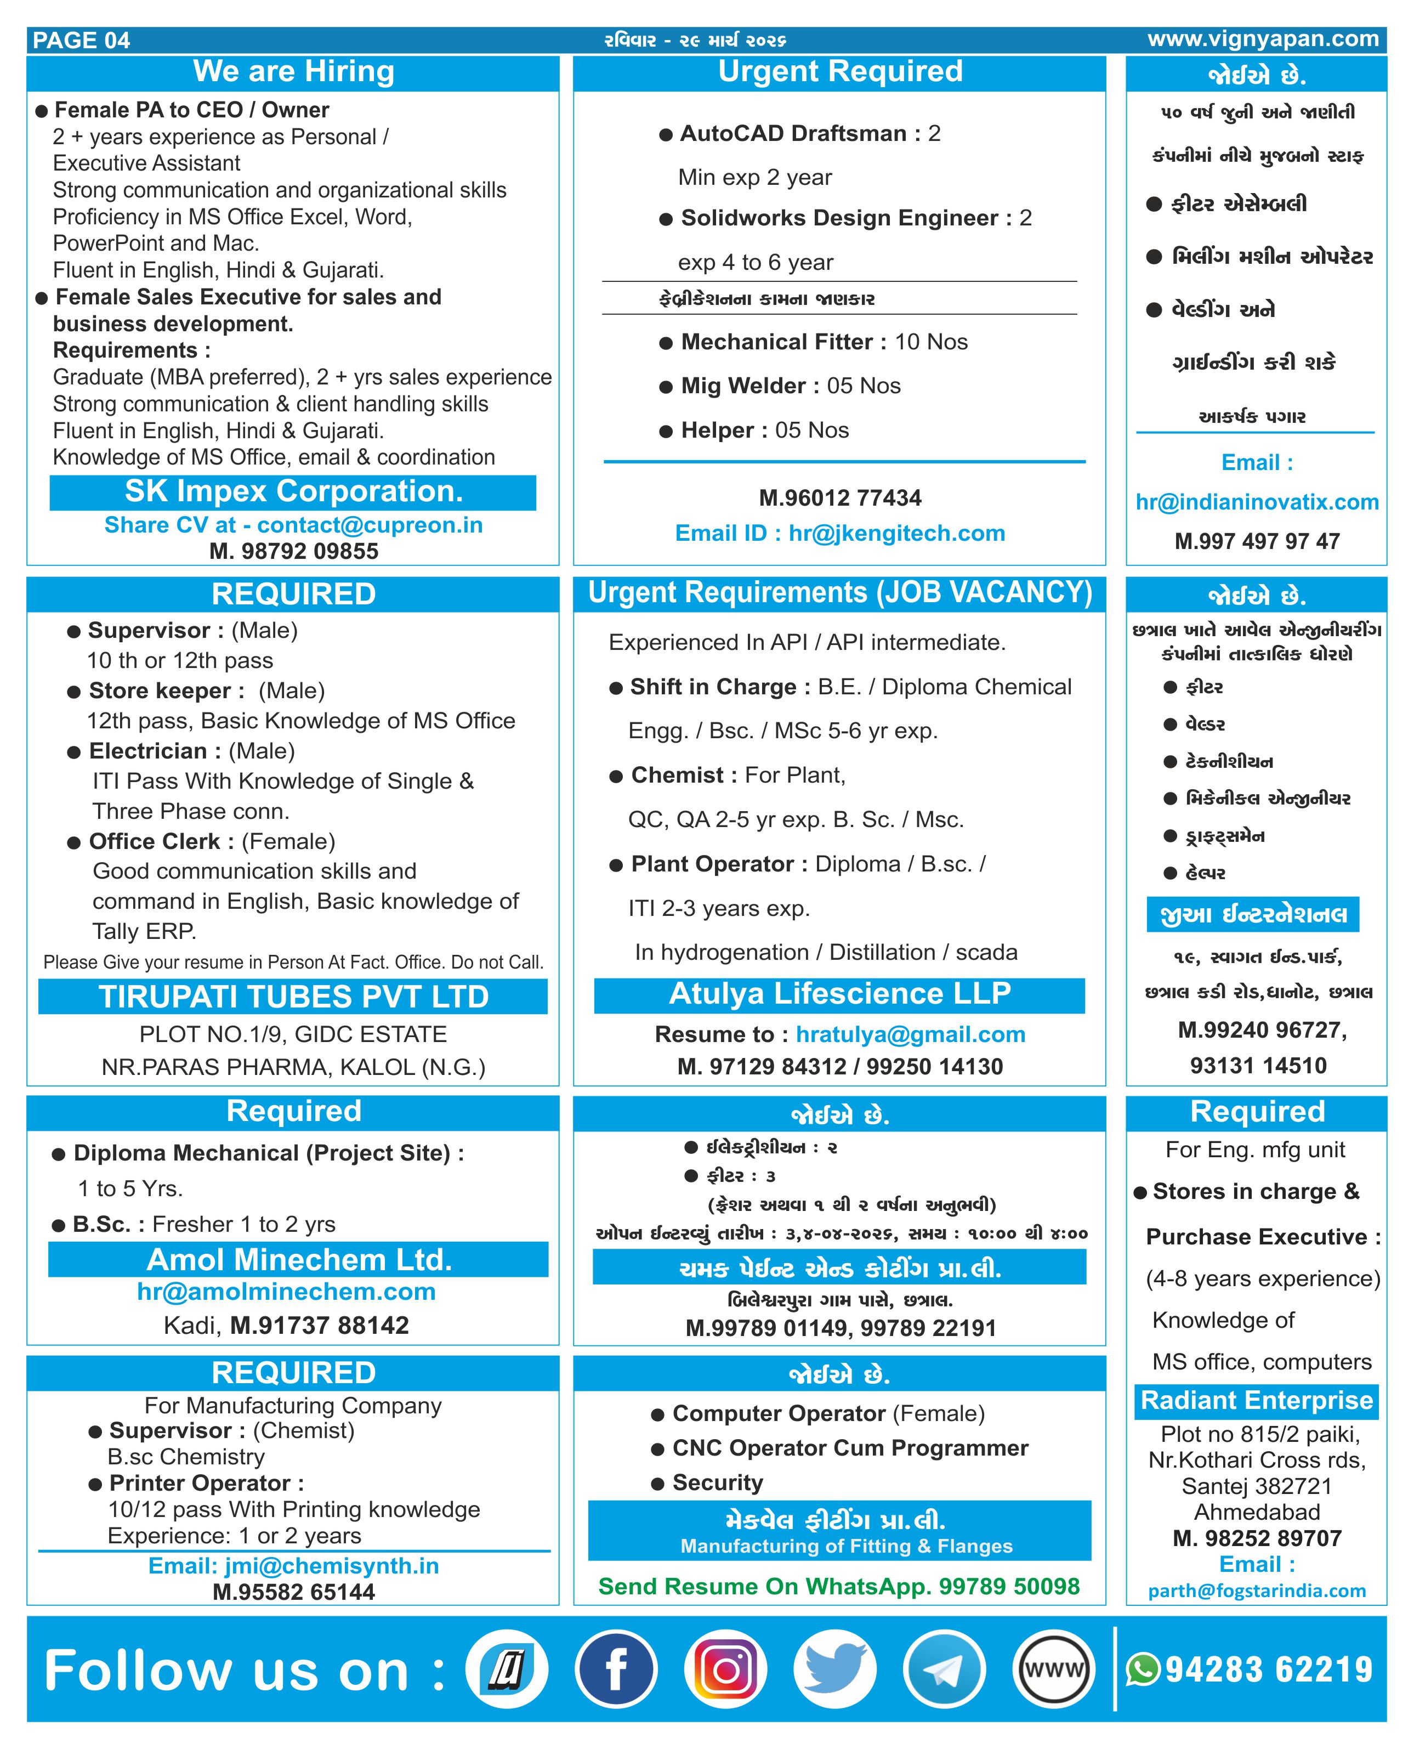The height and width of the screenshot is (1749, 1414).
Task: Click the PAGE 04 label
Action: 82,40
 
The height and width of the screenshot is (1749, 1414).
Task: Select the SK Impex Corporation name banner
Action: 293,492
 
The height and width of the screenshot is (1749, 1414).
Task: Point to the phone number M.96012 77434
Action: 840,498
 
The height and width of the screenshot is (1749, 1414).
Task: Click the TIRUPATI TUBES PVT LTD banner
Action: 293,997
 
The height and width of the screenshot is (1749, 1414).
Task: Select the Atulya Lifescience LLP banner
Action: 840,994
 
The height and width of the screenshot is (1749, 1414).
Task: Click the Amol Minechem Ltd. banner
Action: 298,1259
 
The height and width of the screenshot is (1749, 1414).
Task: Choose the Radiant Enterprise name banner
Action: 1256,1400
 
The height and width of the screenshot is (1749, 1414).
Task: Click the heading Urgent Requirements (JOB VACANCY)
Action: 840,592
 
